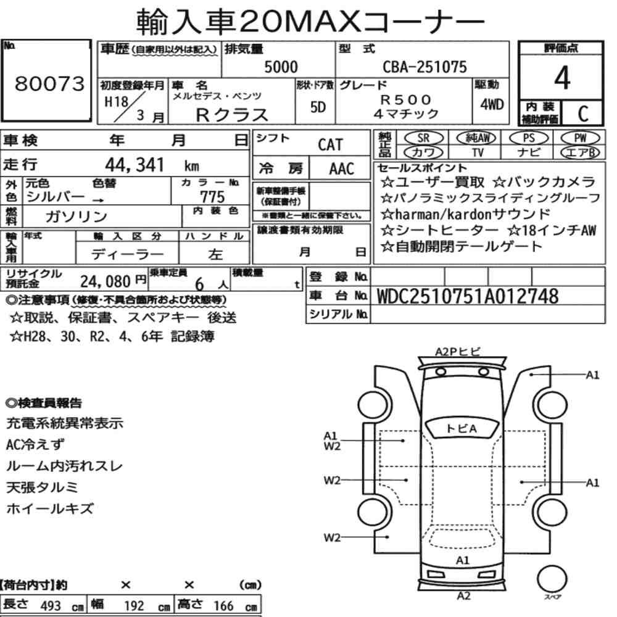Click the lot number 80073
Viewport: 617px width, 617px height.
[x=49, y=83]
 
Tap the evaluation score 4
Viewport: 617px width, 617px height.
[x=562, y=78]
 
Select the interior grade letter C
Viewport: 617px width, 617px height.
[x=583, y=114]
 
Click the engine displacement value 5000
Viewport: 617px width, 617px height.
[x=281, y=67]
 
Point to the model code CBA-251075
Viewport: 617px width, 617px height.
[x=424, y=67]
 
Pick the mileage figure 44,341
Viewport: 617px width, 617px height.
[x=134, y=165]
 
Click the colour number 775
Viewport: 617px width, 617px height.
[x=212, y=196]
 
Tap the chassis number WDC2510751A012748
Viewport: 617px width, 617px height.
[x=468, y=296]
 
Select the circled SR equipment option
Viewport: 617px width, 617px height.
[x=424, y=138]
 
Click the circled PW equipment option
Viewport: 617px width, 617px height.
[x=580, y=138]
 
